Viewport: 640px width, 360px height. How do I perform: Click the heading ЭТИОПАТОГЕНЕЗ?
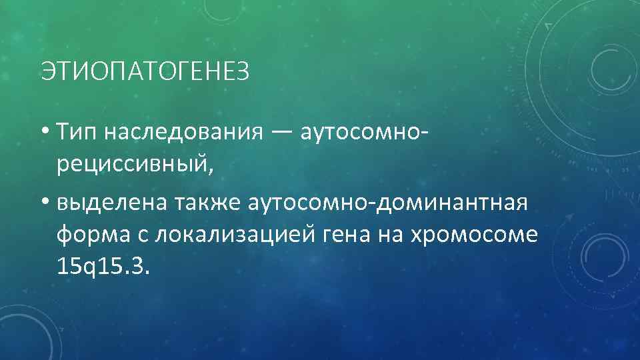(x=145, y=71)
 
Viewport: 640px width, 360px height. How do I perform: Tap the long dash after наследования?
(x=280, y=132)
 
